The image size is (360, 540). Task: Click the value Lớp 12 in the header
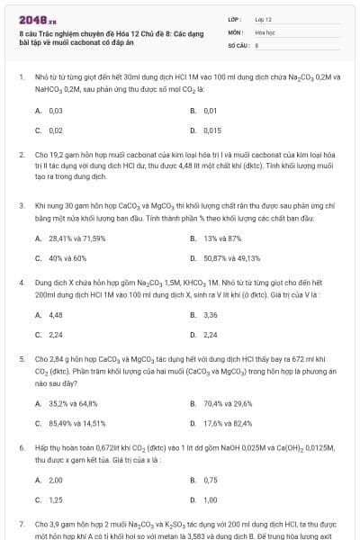(264, 18)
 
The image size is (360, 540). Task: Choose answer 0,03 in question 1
(55, 110)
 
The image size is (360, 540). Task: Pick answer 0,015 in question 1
(212, 130)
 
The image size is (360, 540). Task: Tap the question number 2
(21, 155)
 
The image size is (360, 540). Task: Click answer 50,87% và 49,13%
(231, 258)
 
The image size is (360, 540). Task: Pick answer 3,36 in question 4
(211, 315)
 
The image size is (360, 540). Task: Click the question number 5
(21, 358)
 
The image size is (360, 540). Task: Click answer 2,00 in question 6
(56, 480)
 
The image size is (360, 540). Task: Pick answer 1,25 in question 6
(56, 499)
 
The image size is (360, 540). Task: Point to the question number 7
(21, 523)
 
